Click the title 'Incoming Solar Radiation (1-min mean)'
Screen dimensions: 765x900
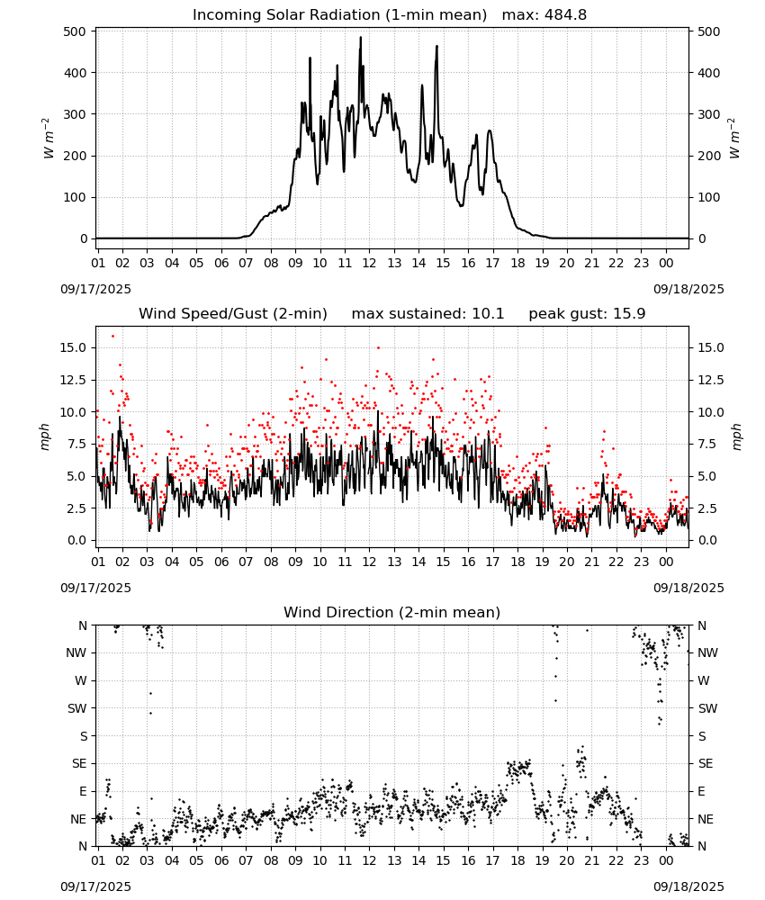tap(339, 15)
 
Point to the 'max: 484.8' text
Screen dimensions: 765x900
tap(544, 15)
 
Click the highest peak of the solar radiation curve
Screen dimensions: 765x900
tap(361, 37)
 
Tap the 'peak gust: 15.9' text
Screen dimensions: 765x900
tap(587, 314)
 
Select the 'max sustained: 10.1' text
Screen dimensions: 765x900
tap(427, 314)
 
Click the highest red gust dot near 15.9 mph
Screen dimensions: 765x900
tap(112, 337)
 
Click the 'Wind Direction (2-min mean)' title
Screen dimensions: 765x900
tap(392, 612)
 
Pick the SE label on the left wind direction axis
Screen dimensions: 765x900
tap(79, 763)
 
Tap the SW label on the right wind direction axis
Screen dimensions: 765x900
tap(707, 708)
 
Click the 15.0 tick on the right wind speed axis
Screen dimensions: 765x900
tap(710, 347)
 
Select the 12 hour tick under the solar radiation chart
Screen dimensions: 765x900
tap(368, 263)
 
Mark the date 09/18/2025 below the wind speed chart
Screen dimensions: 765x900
tap(688, 588)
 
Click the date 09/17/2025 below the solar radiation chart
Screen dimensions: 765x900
tap(95, 289)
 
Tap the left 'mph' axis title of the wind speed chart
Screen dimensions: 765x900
tap(45, 436)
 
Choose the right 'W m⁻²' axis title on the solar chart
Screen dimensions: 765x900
tap(734, 139)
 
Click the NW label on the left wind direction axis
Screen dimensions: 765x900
tap(76, 652)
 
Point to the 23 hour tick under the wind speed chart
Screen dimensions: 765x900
tap(641, 562)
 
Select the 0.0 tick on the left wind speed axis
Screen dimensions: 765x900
tap(76, 541)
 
